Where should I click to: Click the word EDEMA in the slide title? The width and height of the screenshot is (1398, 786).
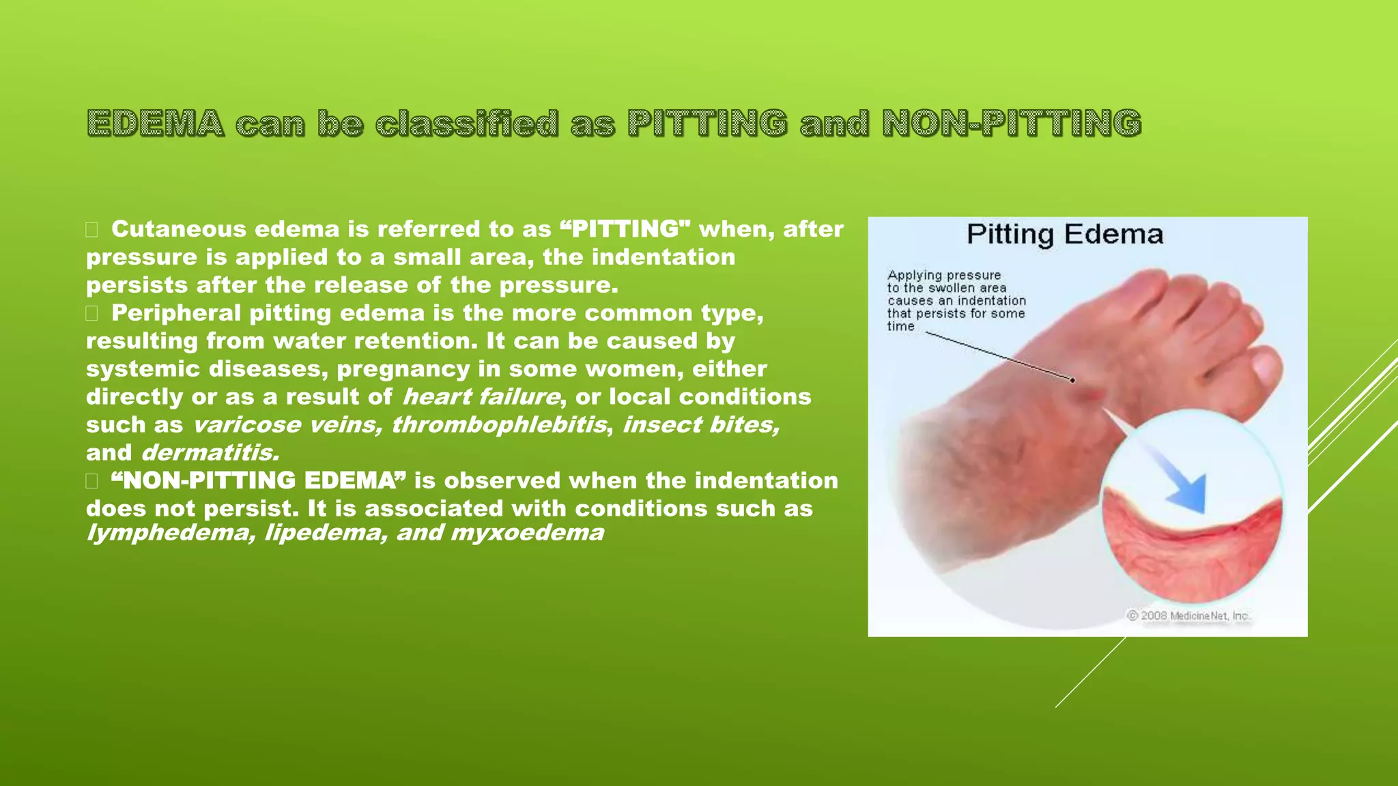point(156,123)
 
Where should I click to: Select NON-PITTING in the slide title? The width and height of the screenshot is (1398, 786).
point(1012,123)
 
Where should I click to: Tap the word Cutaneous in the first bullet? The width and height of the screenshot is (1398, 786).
point(178,229)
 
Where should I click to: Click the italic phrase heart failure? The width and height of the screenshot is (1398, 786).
point(481,397)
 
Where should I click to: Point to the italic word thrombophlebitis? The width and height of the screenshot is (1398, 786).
point(499,425)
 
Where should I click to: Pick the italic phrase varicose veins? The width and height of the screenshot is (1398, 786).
point(287,425)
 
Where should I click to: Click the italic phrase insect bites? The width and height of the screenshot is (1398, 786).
point(700,425)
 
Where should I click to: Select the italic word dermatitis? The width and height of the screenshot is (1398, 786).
point(210,453)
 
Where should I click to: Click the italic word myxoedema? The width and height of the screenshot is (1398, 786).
point(527,533)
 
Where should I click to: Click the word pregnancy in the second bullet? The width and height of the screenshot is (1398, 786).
point(403,369)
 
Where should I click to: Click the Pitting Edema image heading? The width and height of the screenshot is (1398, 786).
point(1064,235)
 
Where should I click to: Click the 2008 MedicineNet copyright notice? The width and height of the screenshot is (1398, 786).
point(1188,615)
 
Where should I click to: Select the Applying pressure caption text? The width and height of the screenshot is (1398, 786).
point(956,300)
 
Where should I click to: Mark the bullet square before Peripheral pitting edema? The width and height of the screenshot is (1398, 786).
point(91,314)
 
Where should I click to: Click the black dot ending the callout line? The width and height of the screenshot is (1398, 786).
point(1073,380)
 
